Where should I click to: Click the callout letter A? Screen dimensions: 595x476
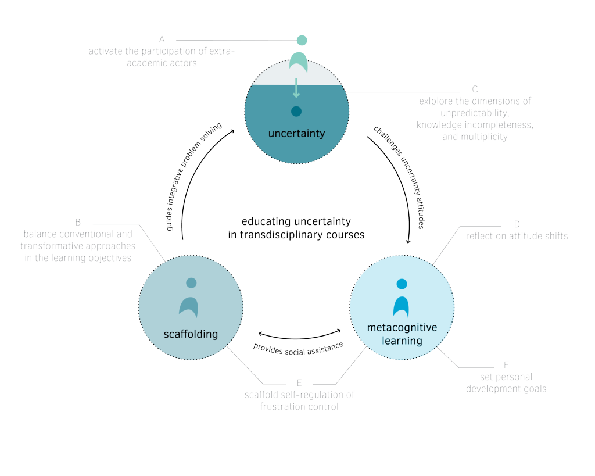click(162, 39)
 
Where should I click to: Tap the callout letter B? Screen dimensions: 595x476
click(78, 222)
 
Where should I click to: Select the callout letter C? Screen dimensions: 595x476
click(475, 89)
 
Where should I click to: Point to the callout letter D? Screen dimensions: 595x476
click(517, 224)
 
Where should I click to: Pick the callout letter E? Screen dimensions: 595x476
click(299, 382)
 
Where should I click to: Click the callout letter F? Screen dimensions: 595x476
click(506, 365)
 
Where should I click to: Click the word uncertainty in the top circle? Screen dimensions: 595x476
click(296, 133)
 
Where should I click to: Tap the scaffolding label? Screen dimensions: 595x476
click(191, 334)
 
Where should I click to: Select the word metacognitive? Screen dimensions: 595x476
click(402, 328)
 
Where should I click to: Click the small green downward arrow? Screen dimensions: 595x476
click(296, 88)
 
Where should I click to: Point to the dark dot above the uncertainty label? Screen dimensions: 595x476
click(296, 111)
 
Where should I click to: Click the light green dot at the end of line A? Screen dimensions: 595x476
click(302, 40)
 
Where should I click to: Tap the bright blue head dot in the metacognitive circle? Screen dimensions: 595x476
click(402, 284)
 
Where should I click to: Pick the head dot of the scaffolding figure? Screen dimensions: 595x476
click(191, 283)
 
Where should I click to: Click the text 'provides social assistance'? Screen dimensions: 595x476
click(298, 349)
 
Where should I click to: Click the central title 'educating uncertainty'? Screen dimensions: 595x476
click(296, 221)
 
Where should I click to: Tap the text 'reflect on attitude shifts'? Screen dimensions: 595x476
click(517, 236)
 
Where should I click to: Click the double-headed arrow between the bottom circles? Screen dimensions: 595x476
click(299, 338)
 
